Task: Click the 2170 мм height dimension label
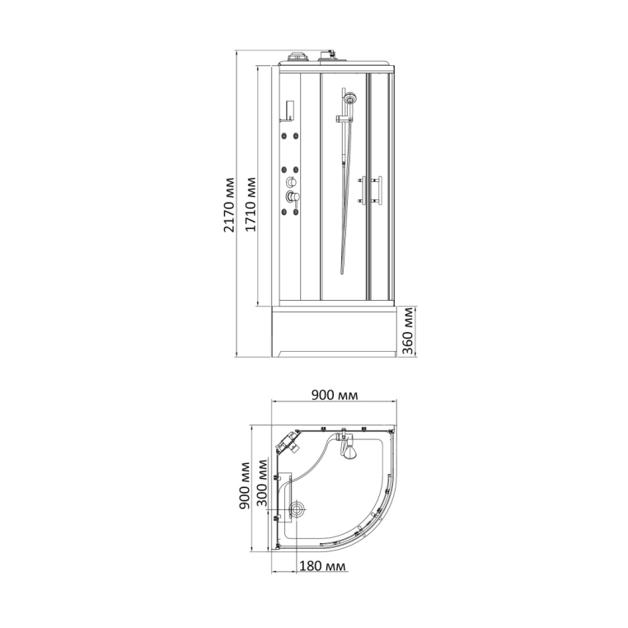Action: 229,204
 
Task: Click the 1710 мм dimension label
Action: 251,204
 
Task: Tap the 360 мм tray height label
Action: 407,330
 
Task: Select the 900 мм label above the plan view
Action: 335,395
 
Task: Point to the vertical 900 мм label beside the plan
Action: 244,485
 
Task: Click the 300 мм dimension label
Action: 262,482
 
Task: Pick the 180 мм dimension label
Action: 322,566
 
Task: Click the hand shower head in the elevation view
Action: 349,97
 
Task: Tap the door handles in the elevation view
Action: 370,190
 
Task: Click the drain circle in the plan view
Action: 298,510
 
